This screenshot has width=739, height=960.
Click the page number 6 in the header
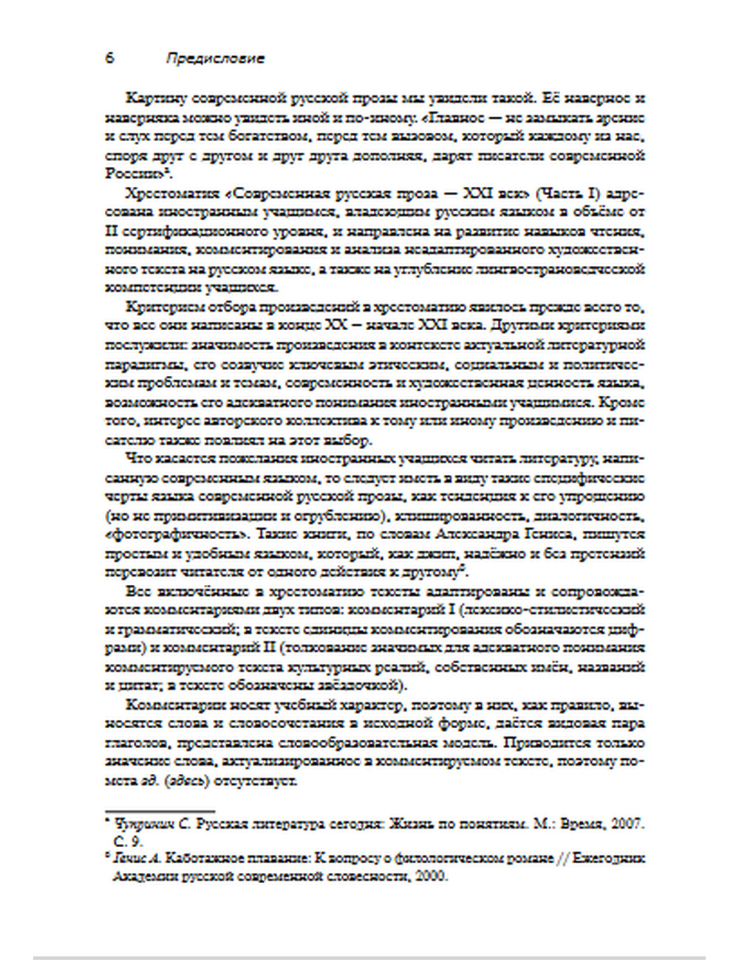[x=110, y=58]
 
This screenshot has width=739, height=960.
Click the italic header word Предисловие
[x=214, y=59]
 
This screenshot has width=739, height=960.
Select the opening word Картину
[x=155, y=98]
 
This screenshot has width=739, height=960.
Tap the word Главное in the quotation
[x=458, y=117]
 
